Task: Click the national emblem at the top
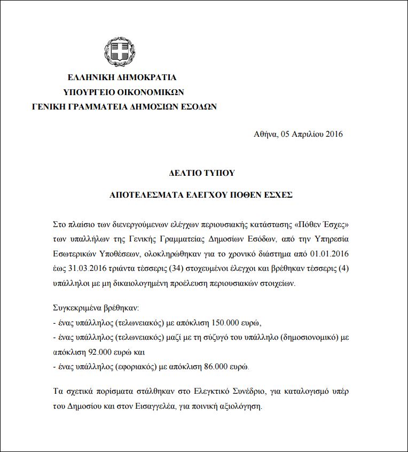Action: (120, 52)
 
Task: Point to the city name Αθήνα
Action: (265, 134)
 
